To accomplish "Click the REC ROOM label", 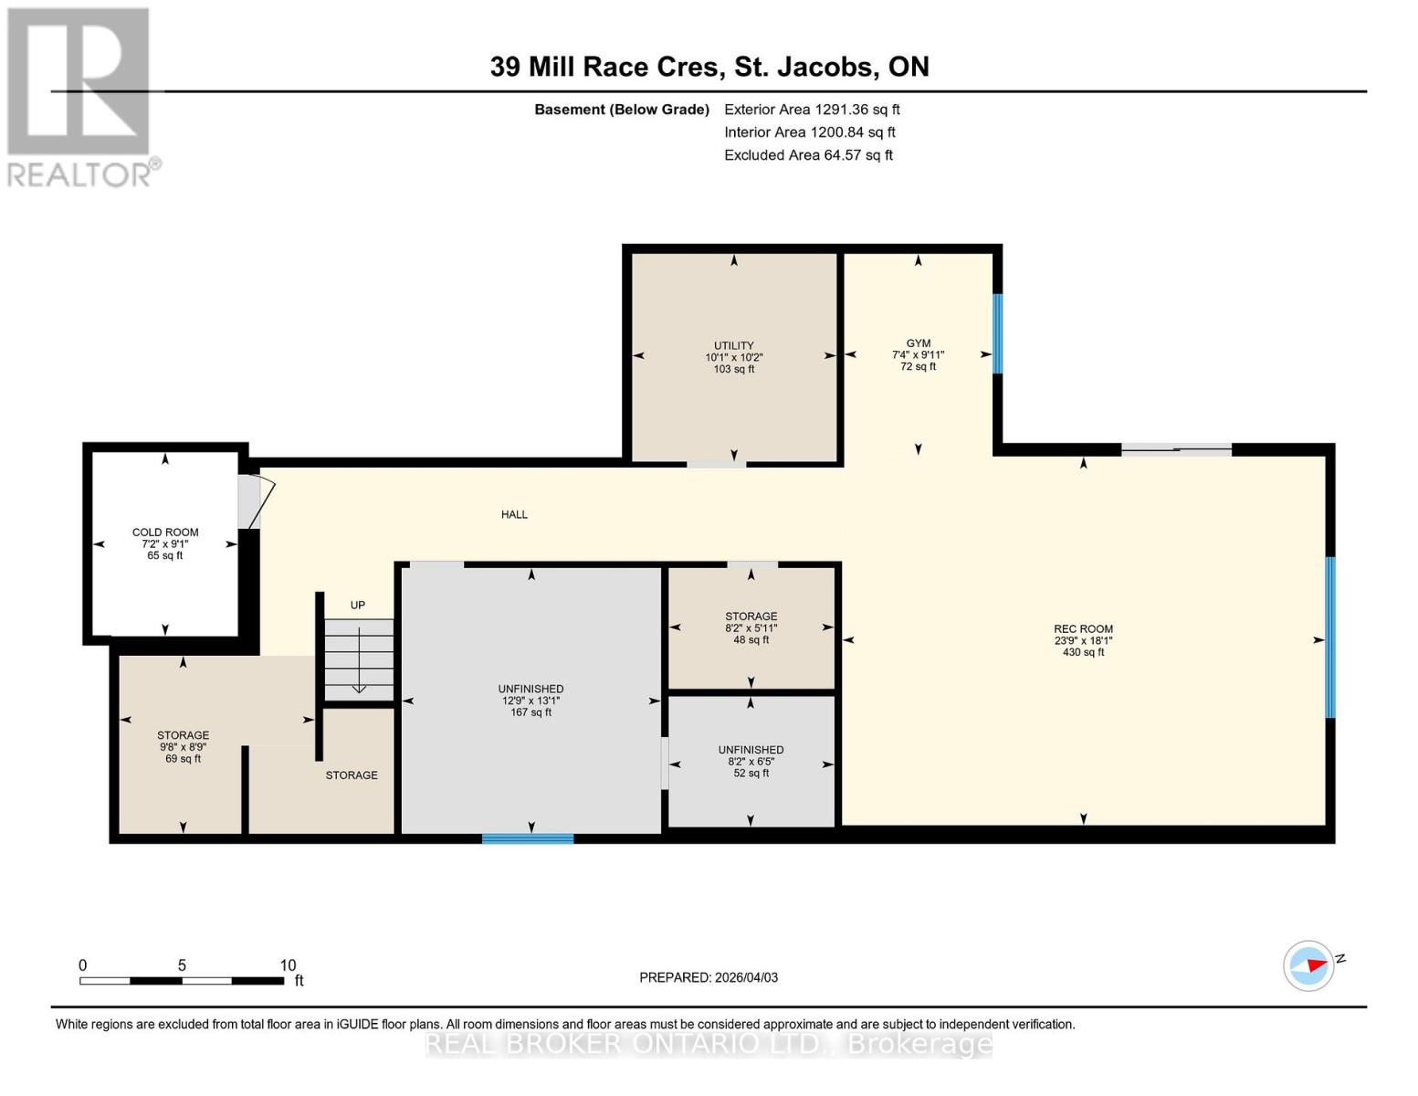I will coord(1083,628).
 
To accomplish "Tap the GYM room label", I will coord(918,343).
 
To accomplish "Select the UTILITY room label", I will coord(733,346).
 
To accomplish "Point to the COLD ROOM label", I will coord(165,532).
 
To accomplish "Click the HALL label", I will coord(514,514).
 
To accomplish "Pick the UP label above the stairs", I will coord(358,605).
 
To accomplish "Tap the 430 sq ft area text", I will coord(1083,652).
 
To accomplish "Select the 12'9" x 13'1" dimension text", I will coord(530,701).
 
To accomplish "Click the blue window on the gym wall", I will coord(998,333).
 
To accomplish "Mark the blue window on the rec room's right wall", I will coord(1330,638).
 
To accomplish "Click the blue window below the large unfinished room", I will coord(528,838).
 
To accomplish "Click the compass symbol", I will coord(1308,965).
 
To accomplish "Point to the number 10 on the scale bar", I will coord(288,965).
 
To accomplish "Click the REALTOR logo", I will coord(80,96).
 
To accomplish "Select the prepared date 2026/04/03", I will coord(709,977).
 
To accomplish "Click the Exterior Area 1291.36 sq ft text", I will coord(812,110).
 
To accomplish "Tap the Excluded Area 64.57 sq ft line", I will coord(808,155).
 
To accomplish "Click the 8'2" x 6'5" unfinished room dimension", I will coord(751,761).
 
